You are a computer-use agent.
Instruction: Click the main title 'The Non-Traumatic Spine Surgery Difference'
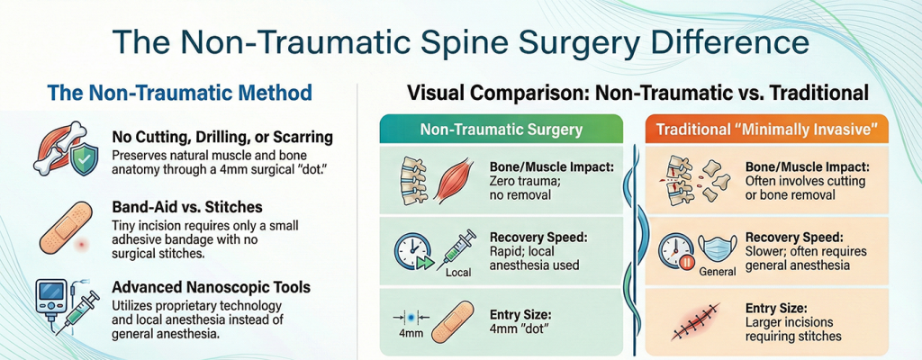(x=460, y=41)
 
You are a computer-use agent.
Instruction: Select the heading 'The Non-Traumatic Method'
(x=179, y=93)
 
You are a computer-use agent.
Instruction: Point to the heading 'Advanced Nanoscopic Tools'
(x=212, y=286)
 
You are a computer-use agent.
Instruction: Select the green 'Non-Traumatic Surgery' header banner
(x=502, y=130)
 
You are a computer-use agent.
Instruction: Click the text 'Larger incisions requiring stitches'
(x=793, y=328)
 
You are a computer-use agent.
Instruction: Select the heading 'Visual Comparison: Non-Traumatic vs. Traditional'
(x=637, y=93)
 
